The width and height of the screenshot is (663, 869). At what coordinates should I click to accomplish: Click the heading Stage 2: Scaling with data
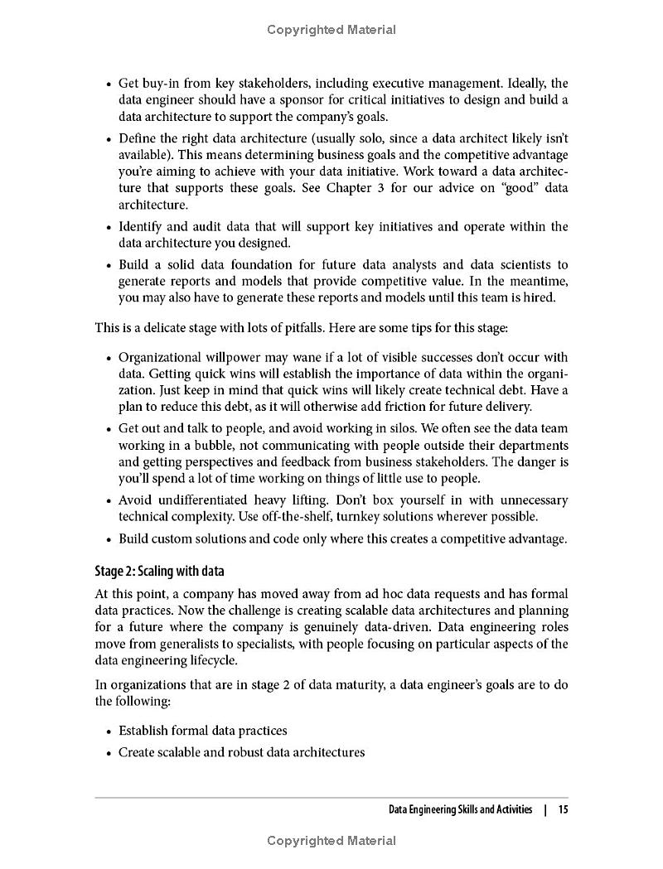(160, 572)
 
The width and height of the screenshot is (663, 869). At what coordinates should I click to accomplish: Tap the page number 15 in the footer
(563, 809)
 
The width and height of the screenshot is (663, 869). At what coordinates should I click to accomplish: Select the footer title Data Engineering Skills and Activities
(461, 809)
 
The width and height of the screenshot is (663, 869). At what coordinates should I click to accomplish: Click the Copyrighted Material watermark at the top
(331, 30)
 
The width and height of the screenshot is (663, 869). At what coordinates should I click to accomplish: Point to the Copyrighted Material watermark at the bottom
(331, 841)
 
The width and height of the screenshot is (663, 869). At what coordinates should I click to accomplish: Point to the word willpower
(230, 357)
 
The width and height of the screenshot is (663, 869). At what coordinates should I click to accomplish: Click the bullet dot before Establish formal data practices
(109, 731)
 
